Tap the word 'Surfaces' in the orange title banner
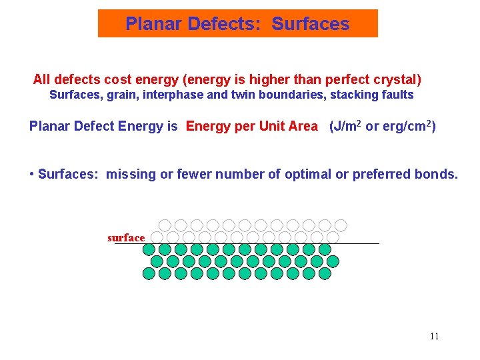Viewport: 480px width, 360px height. [310, 24]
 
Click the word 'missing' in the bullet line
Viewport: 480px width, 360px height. [131, 175]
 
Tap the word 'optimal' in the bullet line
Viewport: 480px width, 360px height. [308, 175]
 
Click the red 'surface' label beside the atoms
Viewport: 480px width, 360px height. [126, 238]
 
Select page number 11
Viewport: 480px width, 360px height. [434, 336]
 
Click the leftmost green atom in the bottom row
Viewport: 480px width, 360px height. [149, 273]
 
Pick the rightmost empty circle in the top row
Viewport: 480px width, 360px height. [341, 225]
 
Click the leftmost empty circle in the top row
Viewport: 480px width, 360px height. [165, 225]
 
